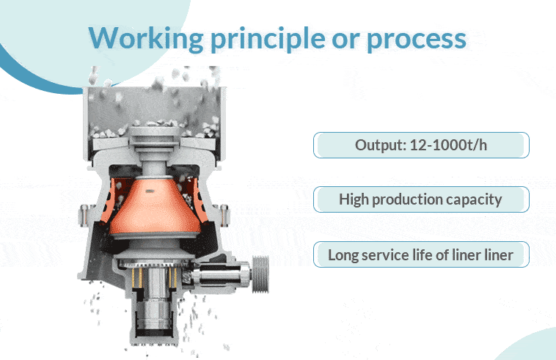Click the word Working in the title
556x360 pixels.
[x=146, y=38]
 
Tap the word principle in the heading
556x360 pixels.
[x=268, y=39]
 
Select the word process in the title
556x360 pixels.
[x=417, y=40]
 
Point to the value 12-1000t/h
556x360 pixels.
[x=448, y=145]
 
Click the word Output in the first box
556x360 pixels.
[x=380, y=145]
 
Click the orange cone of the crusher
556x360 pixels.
[x=153, y=208]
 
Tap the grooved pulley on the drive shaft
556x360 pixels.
[x=260, y=274]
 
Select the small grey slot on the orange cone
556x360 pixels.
[x=150, y=191]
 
